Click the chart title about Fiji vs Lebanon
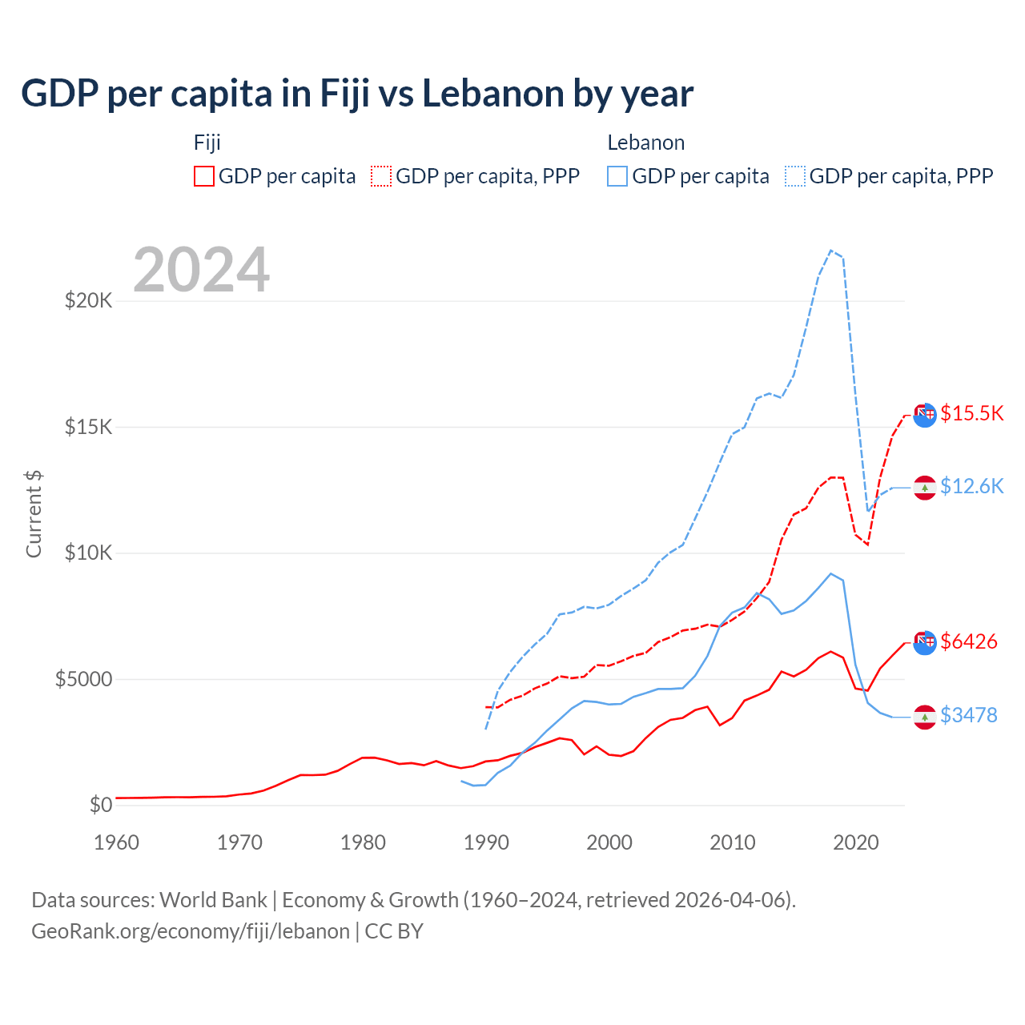357,94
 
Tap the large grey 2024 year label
201,271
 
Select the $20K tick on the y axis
88,301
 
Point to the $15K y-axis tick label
88,427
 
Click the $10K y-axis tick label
88,553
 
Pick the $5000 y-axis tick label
83,679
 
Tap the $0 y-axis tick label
100,805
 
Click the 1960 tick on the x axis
116,842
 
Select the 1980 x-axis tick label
363,842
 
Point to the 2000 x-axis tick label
609,842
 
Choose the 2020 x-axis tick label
856,842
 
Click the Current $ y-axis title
34,514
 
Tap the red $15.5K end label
971,413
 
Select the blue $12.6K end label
971,486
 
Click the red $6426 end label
968,641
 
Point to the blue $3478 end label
968,715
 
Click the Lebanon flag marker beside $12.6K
925,488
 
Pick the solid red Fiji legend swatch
204,176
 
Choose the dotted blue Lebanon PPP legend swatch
795,176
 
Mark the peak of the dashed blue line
831,250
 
